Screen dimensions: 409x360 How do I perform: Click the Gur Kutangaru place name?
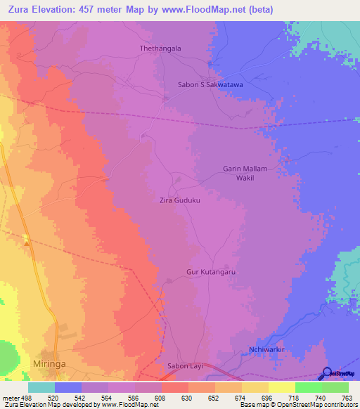(x=210, y=271)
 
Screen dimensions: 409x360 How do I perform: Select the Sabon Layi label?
(x=186, y=366)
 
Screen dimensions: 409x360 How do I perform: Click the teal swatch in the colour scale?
(x=41, y=387)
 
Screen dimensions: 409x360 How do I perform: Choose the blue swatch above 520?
(x=68, y=387)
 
